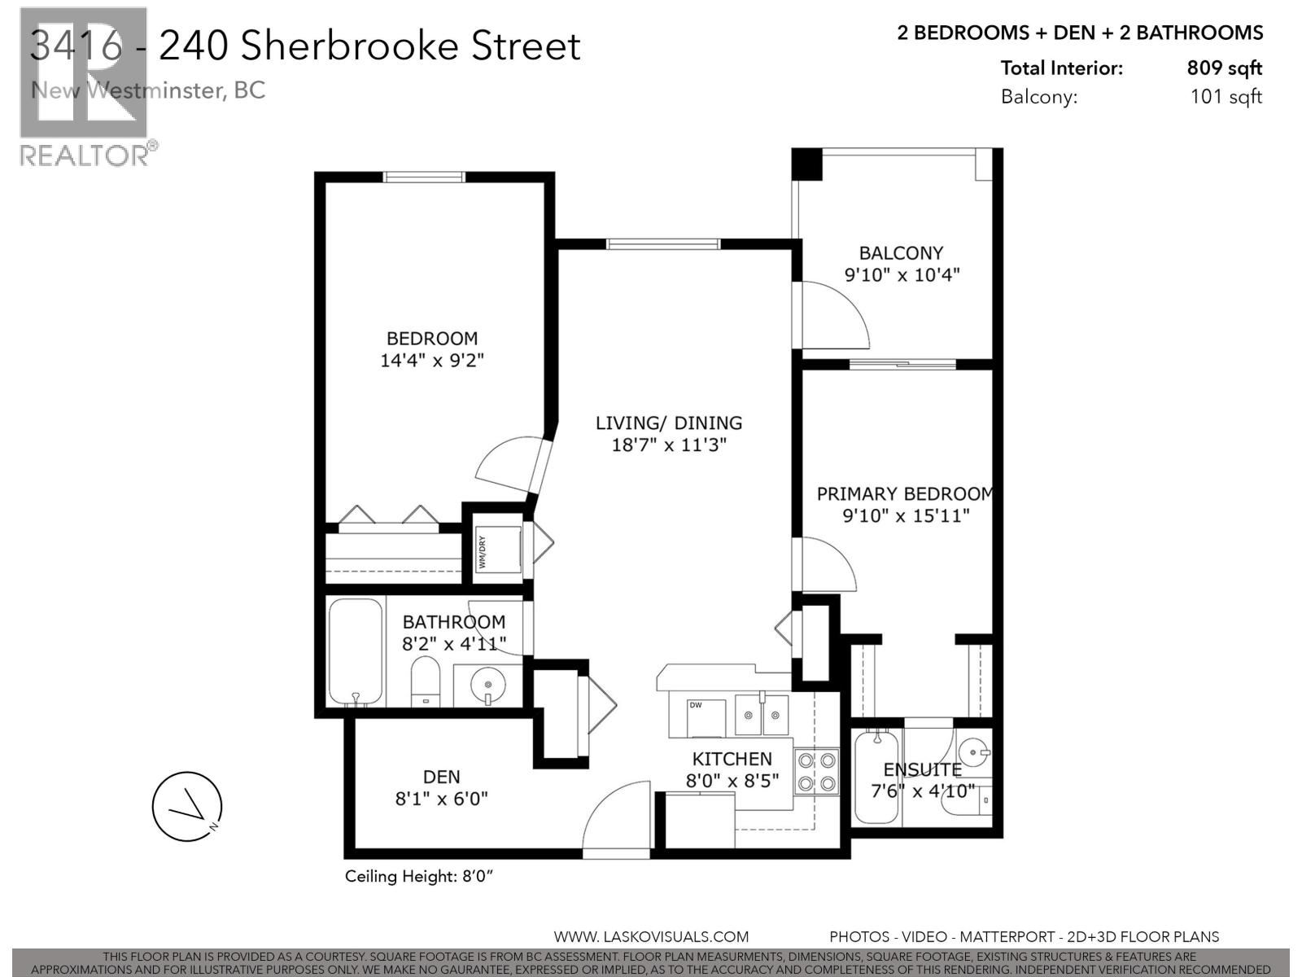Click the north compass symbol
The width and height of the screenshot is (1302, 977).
187,807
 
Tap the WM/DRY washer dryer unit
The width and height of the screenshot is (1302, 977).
498,549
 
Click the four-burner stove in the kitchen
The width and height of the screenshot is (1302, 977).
816,772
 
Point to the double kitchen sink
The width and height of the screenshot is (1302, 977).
762,715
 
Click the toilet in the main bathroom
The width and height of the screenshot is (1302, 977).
425,683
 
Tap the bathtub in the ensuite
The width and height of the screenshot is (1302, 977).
876,778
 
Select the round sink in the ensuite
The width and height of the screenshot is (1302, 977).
974,750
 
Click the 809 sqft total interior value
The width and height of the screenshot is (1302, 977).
1224,68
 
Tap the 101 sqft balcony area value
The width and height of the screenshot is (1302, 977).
1226,97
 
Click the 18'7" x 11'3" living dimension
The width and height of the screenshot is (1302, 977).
668,445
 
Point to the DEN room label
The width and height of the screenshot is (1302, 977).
441,777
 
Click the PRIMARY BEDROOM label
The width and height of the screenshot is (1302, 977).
903,494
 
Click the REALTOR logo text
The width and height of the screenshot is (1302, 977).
84,155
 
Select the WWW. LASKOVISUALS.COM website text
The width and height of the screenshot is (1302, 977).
651,937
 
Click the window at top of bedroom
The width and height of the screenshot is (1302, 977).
424,177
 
